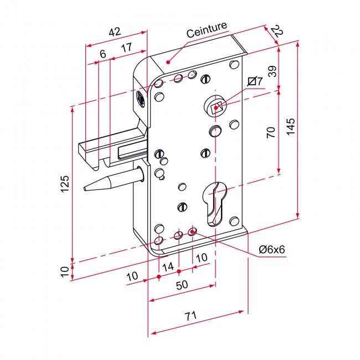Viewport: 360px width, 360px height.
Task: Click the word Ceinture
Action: click(207, 30)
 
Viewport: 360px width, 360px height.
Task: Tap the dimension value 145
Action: click(291, 126)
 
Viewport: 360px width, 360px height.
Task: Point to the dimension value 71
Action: click(191, 316)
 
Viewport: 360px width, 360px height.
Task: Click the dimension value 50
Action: click(182, 285)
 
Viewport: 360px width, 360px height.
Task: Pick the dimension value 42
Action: click(115, 32)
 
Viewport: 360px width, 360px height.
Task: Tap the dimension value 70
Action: click(271, 132)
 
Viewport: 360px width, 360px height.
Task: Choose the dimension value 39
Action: click(272, 71)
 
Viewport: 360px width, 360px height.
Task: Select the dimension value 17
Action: click(127, 48)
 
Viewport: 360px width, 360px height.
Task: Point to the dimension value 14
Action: click(168, 267)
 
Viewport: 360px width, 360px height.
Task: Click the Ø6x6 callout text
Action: click(272, 249)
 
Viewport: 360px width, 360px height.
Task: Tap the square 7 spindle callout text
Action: click(255, 81)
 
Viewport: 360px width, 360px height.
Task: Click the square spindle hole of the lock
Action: click(216, 107)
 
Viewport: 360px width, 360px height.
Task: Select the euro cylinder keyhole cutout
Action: click(215, 203)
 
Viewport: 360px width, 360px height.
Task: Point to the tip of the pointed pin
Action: click(84, 188)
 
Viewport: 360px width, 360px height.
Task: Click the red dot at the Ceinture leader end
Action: click(168, 62)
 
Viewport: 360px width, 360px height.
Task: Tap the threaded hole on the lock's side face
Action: click(140, 97)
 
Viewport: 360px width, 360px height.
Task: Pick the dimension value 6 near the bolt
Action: click(103, 54)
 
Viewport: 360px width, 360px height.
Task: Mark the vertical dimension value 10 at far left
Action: click(65, 271)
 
